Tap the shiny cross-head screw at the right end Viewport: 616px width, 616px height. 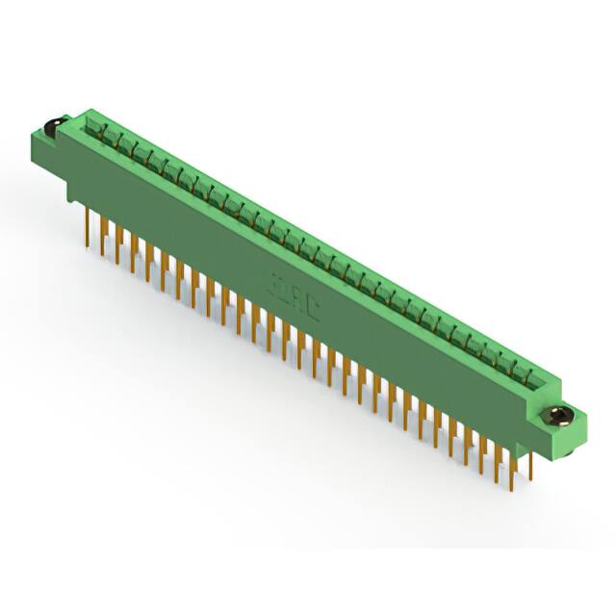[558, 416]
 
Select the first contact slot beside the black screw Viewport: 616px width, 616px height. [94, 125]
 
